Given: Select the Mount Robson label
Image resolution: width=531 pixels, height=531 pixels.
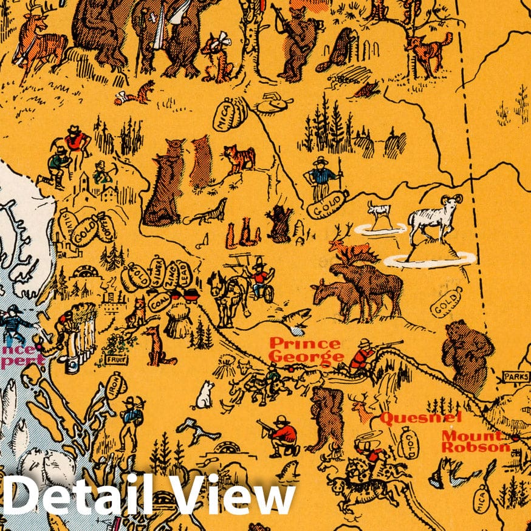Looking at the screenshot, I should click(x=475, y=441).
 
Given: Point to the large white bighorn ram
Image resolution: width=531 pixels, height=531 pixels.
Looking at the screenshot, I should click(x=434, y=219).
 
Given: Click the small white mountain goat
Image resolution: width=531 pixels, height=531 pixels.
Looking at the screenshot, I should click(x=380, y=213).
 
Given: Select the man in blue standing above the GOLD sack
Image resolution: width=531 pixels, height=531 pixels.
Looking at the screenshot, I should click(x=321, y=178).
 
